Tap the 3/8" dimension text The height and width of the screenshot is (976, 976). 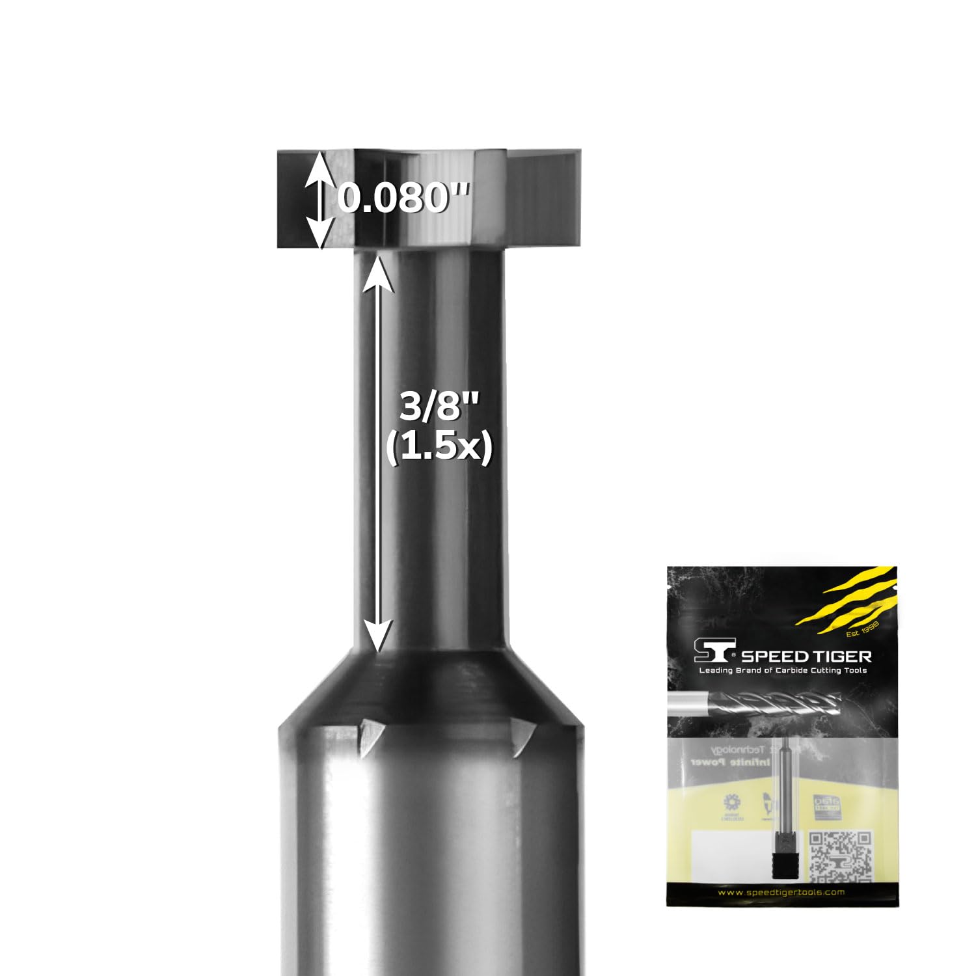click(439, 409)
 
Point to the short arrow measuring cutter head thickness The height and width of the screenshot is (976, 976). click(318, 199)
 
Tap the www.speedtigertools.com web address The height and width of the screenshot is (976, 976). click(781, 892)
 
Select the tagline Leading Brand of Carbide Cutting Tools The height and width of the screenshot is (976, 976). click(782, 670)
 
